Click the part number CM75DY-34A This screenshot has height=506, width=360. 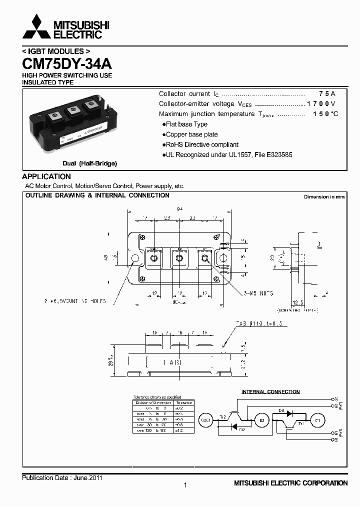coord(67,64)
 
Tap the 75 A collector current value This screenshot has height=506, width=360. coord(327,94)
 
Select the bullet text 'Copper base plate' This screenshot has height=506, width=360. coord(192,134)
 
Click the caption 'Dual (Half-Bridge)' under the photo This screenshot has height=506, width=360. coord(89,163)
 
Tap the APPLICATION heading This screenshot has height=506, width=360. coord(46,176)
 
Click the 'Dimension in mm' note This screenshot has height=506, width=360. coord(324,197)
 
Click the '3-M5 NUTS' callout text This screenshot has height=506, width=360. coord(259,293)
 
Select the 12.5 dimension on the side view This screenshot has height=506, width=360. coord(298,302)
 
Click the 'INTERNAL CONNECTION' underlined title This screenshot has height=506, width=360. coord(270,392)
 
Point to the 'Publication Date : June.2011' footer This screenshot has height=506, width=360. coord(62,478)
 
